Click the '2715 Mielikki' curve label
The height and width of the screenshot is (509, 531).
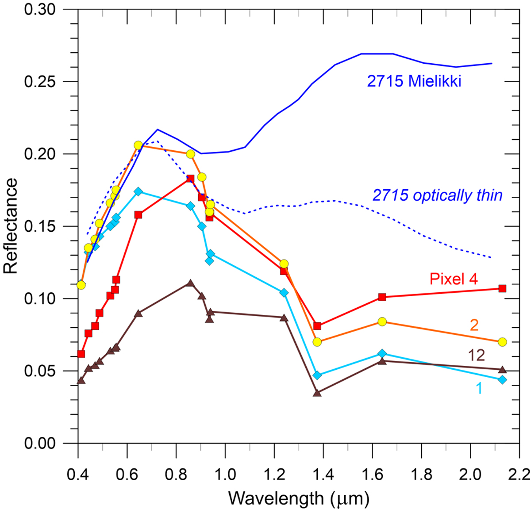(x=414, y=81)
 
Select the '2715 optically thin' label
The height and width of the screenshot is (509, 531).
(x=437, y=195)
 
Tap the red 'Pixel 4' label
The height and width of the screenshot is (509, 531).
(x=454, y=279)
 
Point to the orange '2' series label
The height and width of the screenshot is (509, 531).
(x=474, y=325)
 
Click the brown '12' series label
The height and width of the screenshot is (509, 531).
(x=476, y=355)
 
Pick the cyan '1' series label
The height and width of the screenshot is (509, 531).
(x=479, y=388)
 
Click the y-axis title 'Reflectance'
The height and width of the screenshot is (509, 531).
(x=11, y=226)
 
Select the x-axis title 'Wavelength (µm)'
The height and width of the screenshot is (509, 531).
(x=299, y=498)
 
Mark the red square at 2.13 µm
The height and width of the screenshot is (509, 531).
(x=502, y=288)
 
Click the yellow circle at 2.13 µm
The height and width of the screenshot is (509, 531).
(x=502, y=342)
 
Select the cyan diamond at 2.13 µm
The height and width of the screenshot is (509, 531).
(x=502, y=379)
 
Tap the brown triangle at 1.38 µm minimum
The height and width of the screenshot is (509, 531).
(x=317, y=393)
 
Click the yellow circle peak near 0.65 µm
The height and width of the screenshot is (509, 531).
(x=138, y=145)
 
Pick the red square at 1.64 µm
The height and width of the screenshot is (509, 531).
(x=382, y=297)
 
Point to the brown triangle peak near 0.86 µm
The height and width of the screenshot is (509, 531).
(x=190, y=283)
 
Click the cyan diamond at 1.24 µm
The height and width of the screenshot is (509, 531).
(x=284, y=293)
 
